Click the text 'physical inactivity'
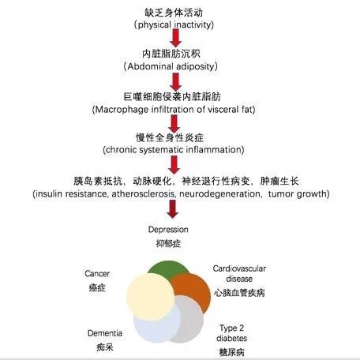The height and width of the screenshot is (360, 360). click(x=174, y=25)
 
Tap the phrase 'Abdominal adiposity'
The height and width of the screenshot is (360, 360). click(x=171, y=66)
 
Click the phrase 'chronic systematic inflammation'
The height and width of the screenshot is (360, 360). click(x=174, y=150)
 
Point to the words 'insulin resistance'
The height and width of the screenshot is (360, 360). click(x=71, y=194)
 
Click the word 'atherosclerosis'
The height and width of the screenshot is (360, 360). click(x=142, y=194)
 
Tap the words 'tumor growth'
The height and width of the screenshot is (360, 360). click(x=298, y=194)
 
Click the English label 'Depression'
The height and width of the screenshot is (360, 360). click(x=168, y=230)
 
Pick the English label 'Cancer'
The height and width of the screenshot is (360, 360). click(x=97, y=274)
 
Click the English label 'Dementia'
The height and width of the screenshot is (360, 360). click(x=105, y=333)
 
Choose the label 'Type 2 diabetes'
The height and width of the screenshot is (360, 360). click(x=231, y=333)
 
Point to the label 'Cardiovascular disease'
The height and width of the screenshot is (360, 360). click(x=239, y=274)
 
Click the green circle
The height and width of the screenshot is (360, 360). click(x=168, y=268)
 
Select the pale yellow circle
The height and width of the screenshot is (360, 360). click(x=150, y=297)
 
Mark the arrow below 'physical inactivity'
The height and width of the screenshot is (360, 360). click(x=175, y=38)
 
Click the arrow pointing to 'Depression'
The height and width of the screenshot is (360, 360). click(x=173, y=209)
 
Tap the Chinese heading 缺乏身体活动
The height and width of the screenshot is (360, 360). click(x=174, y=13)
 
